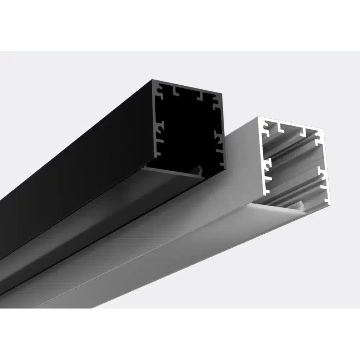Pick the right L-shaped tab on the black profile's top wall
pos(200,96)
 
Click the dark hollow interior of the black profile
pos(187,130)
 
